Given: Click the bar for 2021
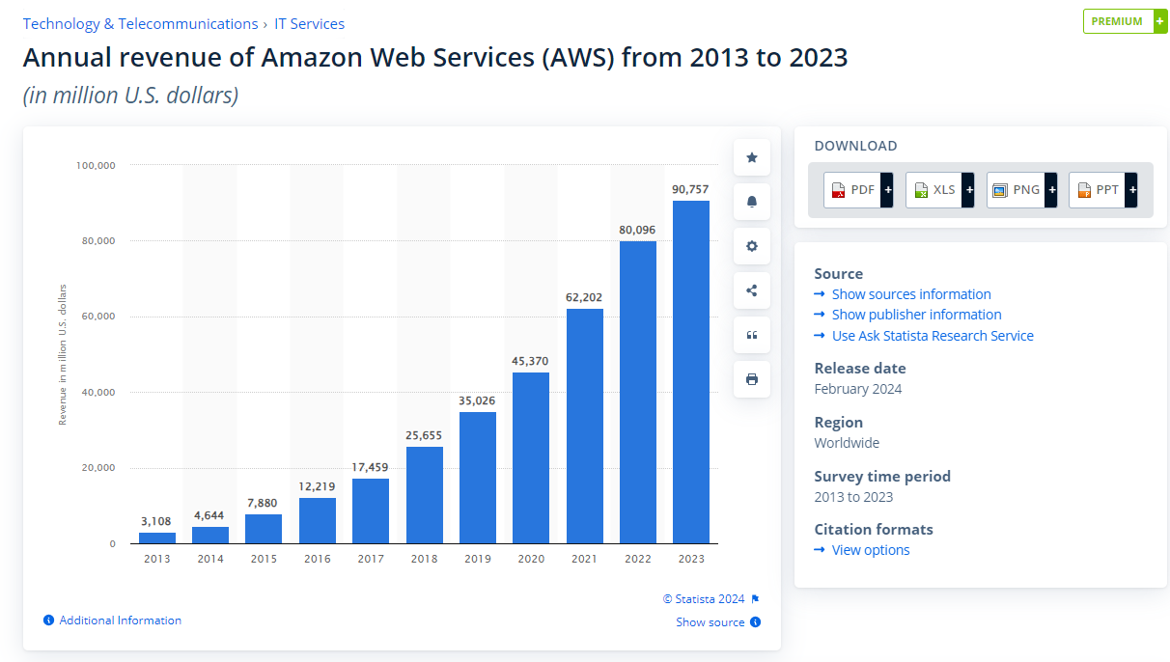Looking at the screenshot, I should click(x=584, y=426).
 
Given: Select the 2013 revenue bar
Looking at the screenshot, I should click(x=157, y=538).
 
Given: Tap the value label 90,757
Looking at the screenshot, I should click(x=690, y=189).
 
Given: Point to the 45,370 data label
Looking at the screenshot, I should click(x=530, y=361).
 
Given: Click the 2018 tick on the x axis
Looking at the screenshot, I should click(x=424, y=559).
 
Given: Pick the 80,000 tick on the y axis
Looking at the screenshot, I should click(x=96, y=241).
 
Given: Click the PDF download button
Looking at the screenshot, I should click(x=857, y=190).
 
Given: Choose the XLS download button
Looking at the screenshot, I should click(x=939, y=190).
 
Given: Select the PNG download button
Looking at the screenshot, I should click(x=1021, y=190).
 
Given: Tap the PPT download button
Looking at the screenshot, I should click(x=1102, y=190).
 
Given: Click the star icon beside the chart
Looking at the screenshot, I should click(x=752, y=157).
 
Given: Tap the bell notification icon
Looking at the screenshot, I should click(x=752, y=202).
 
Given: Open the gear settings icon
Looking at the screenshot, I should click(x=752, y=246).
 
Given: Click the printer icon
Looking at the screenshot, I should click(x=752, y=379).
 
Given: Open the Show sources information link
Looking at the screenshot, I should click(x=910, y=294).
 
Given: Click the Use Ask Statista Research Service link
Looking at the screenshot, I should click(x=932, y=336).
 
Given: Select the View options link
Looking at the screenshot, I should click(x=870, y=550).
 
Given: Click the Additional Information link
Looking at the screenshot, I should click(x=120, y=621).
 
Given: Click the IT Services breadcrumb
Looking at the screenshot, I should click(x=309, y=24).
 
